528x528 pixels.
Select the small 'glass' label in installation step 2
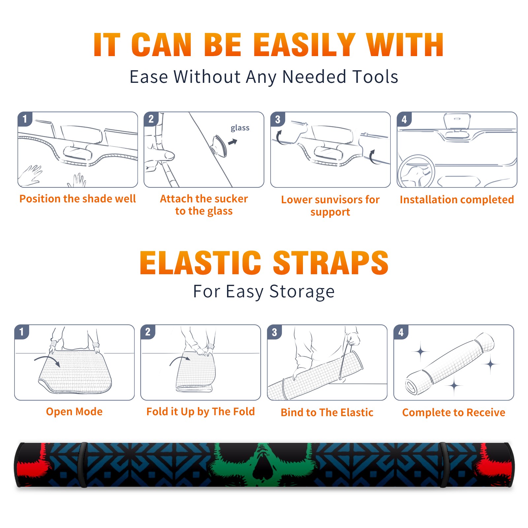point(240,128)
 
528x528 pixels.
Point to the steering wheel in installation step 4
point(416,171)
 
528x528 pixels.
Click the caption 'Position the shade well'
point(78,199)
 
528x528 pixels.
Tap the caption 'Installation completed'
point(457,199)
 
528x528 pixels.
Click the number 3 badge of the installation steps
point(278,119)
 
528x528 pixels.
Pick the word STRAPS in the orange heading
point(331,263)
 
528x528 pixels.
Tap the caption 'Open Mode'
point(74,412)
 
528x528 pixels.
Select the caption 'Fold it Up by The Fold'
point(201,412)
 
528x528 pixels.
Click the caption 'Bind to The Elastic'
point(327,412)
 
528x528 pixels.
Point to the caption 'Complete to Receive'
point(454,412)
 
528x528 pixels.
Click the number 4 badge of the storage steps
point(401,332)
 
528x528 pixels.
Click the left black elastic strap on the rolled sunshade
point(83,465)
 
